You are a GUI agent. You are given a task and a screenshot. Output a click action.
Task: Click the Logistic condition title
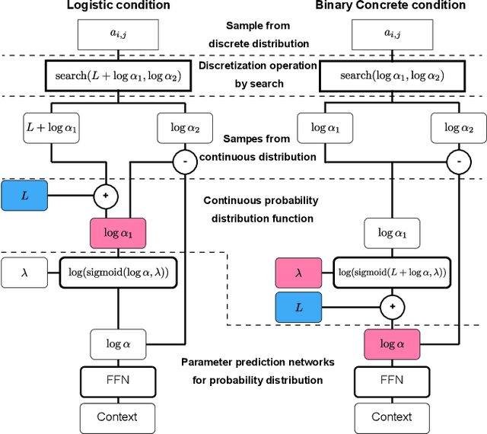[x=119, y=6]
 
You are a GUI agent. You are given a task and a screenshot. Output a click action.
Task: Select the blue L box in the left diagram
[x=24, y=196]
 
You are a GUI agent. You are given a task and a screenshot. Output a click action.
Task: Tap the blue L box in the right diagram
[x=298, y=308]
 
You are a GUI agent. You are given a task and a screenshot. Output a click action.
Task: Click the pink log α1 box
[x=118, y=233]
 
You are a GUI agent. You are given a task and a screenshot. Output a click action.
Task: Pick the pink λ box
[x=298, y=272]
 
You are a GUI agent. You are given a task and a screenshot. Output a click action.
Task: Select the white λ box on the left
[x=24, y=272]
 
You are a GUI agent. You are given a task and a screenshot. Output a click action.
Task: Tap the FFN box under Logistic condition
[x=118, y=379]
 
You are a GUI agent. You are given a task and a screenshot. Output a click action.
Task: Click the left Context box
[x=118, y=416]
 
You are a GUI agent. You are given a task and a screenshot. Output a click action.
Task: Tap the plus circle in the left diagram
[x=106, y=196]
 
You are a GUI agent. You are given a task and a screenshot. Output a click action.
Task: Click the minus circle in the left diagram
[x=183, y=161]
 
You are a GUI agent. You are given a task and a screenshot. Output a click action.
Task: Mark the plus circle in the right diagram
[x=393, y=308]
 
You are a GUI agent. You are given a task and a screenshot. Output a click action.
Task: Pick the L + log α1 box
[x=52, y=127]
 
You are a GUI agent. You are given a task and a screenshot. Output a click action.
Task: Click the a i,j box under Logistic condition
[x=118, y=34]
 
